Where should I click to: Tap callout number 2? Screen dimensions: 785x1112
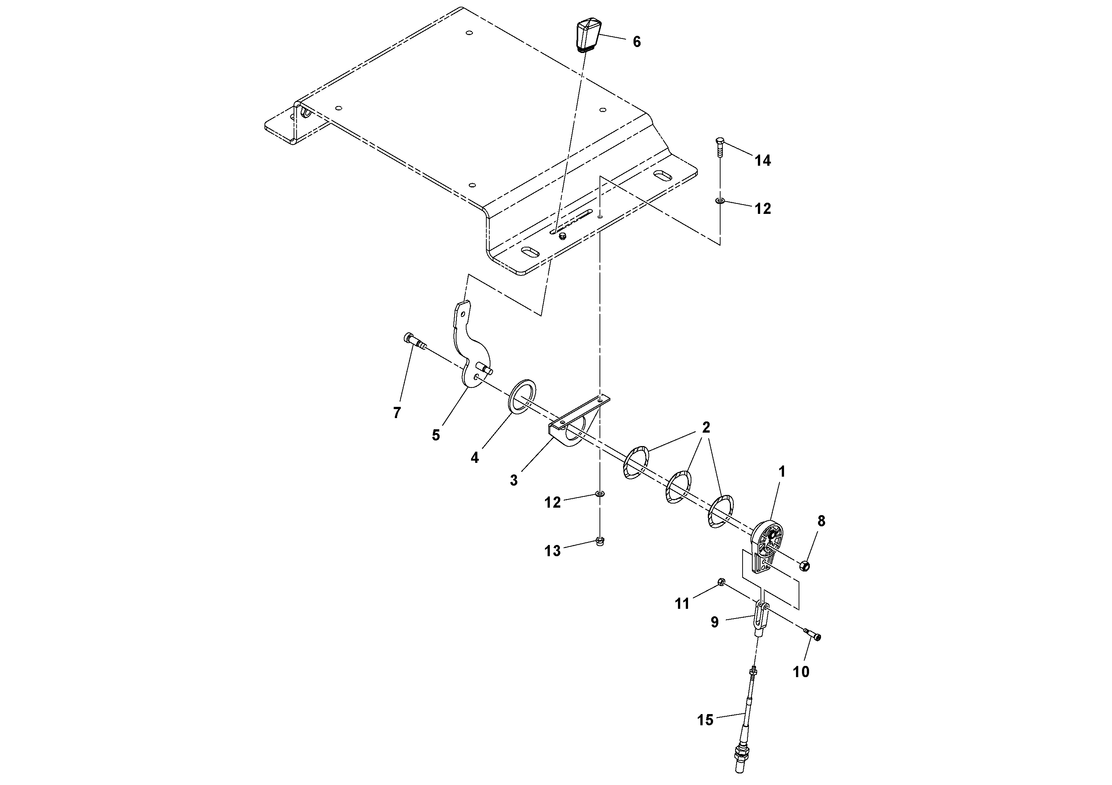(706, 427)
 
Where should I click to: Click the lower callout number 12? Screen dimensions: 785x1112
(552, 503)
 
